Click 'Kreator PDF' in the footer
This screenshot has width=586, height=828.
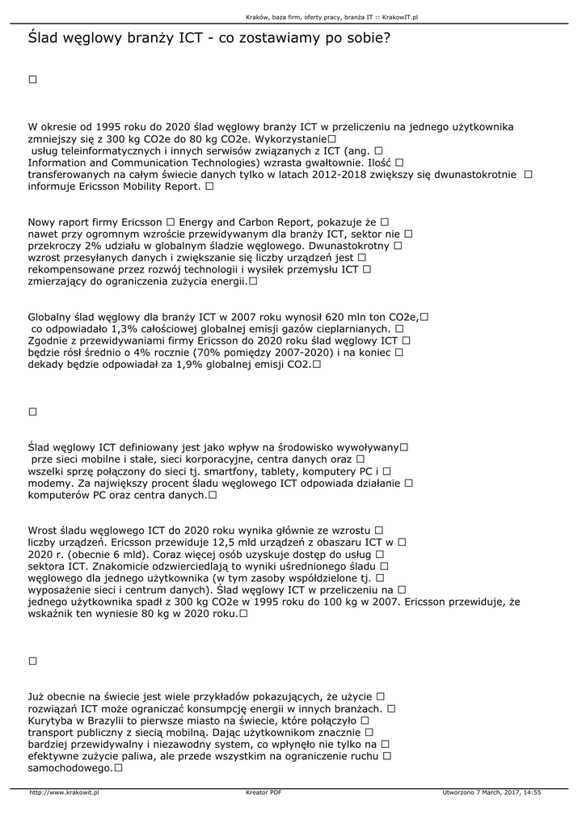point(263,792)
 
